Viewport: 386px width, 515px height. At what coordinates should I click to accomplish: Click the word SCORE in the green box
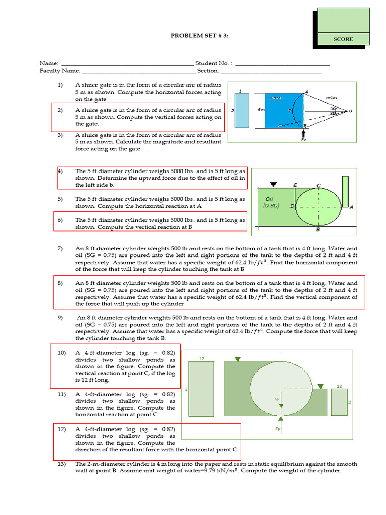coord(344,39)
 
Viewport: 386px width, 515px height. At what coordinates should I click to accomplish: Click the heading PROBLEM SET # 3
coord(197,35)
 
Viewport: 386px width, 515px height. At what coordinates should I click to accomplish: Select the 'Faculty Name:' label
coord(57,71)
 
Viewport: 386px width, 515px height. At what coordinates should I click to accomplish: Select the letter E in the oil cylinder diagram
coord(295,185)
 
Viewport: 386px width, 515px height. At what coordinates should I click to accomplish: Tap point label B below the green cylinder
coord(318,230)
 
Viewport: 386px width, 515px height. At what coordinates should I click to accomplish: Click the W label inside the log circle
coord(277,399)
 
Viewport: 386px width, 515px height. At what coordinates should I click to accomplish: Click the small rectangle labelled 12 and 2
coord(339,402)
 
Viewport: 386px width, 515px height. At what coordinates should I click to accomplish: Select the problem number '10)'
coord(61,353)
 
